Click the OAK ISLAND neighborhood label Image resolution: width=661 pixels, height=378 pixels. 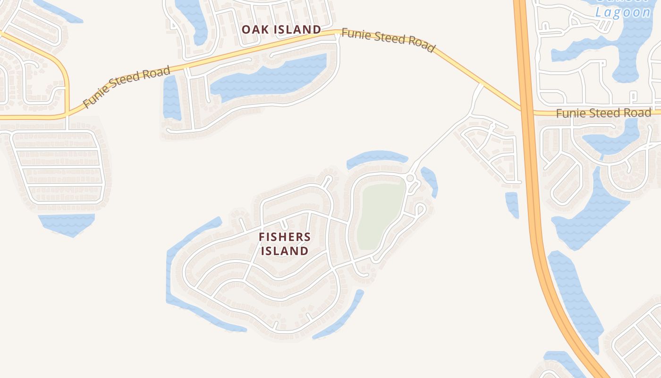tap(281, 29)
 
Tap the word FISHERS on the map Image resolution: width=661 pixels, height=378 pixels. tap(285, 237)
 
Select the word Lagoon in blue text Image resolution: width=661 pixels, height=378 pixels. tap(623, 12)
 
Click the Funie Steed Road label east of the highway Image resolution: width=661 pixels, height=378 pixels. tap(603, 113)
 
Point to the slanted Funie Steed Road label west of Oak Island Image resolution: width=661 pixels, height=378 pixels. tap(126, 87)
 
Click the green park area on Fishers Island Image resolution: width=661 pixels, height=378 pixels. tap(380, 215)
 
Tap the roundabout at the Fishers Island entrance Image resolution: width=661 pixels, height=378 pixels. tap(410, 178)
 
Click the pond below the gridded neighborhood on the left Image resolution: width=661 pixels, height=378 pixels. tap(67, 223)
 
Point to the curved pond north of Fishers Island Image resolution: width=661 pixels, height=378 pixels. tap(376, 158)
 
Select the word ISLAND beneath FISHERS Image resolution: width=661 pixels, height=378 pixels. tap(285, 251)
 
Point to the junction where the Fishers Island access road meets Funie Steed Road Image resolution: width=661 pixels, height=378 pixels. tap(481, 86)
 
